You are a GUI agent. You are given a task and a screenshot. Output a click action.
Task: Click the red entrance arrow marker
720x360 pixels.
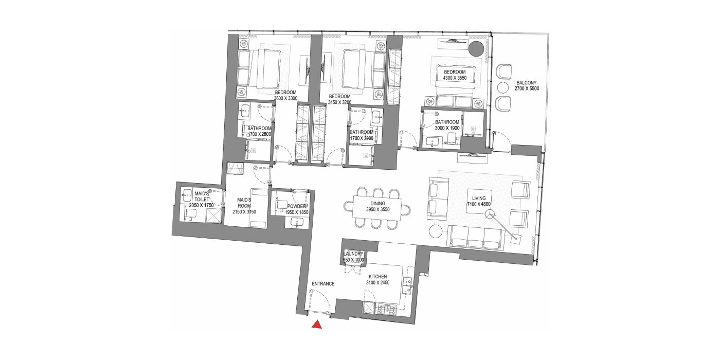317,325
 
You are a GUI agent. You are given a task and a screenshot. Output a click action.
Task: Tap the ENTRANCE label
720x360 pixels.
323,284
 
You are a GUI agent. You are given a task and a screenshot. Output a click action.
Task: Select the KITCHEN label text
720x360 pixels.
377,277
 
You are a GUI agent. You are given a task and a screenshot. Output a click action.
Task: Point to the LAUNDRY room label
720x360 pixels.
354,254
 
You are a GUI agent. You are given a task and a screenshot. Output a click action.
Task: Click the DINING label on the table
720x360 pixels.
377,204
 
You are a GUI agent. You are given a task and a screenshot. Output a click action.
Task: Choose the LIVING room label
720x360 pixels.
479,199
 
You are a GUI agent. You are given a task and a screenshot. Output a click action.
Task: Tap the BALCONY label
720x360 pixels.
527,83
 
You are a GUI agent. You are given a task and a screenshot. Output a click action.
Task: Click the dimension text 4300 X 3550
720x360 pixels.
455,78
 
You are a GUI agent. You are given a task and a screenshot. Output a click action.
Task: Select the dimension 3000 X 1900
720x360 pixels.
447,128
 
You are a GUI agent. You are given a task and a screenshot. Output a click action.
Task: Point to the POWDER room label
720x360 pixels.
297,206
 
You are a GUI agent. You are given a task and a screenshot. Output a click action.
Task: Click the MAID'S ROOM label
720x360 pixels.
244,203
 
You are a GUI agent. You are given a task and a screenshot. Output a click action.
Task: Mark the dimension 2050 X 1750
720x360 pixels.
201,205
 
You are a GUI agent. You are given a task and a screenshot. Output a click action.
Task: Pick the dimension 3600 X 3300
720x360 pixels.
286,98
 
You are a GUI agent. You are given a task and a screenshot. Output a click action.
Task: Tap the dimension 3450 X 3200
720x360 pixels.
339,102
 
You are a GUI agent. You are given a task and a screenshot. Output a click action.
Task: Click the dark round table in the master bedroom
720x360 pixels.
476,49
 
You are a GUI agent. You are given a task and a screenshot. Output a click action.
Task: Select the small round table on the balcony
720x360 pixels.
503,87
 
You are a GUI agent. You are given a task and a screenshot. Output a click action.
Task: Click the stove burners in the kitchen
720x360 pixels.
387,309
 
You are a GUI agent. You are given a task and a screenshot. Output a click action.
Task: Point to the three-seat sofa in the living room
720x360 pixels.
476,237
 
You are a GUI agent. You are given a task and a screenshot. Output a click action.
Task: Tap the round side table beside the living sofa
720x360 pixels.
436,231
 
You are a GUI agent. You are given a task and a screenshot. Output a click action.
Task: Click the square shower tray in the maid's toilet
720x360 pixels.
213,215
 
